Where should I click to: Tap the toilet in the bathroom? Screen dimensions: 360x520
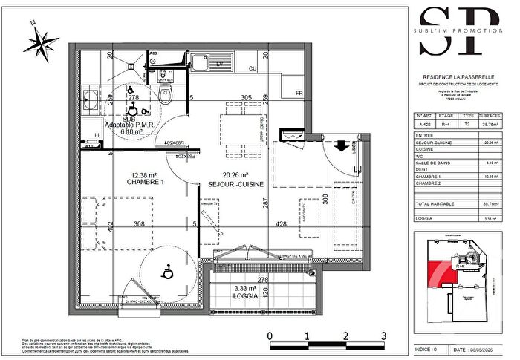pyautogui.click(x=169, y=94)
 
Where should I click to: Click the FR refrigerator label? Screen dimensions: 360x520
pyautogui.click(x=299, y=94)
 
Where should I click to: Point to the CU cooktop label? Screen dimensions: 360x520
pyautogui.click(x=253, y=69)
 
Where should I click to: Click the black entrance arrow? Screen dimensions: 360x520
pyautogui.click(x=343, y=145)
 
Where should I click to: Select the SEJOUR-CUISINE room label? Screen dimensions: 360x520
pyautogui.click(x=237, y=183)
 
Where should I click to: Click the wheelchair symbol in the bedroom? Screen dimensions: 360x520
pyautogui.click(x=167, y=273)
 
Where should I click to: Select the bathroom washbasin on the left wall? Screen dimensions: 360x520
pyautogui.click(x=90, y=100)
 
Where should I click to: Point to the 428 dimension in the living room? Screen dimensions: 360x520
pyautogui.click(x=282, y=223)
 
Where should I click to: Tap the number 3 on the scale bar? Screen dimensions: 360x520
pyautogui.click(x=383, y=336)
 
